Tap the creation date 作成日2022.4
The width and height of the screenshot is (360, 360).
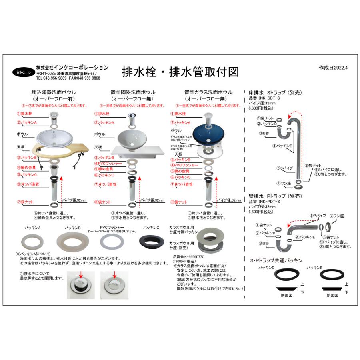[x=334, y=68]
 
